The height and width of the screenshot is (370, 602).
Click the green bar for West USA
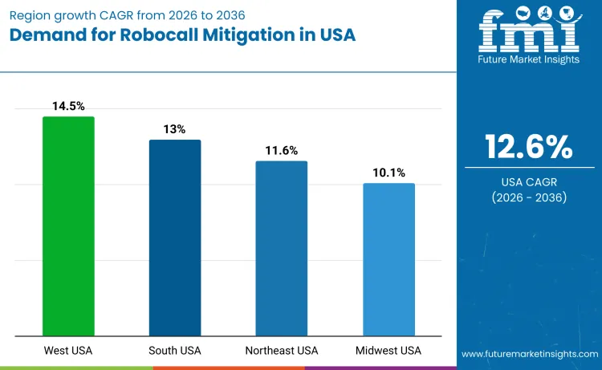click(68, 226)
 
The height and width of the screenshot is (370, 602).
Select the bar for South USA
click(175, 238)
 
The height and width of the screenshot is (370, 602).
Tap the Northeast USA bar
click(282, 248)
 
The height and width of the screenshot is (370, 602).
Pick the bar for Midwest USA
click(388, 259)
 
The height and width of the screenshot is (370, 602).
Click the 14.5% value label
click(68, 106)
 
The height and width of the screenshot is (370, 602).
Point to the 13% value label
click(175, 129)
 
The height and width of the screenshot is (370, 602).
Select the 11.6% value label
click(282, 150)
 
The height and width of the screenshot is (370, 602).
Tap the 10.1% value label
click(388, 173)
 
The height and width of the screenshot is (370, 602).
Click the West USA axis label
click(68, 351)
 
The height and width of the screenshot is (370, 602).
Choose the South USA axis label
click(175, 351)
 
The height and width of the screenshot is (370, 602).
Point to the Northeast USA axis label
click(282, 351)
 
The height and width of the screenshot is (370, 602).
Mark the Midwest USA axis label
click(388, 351)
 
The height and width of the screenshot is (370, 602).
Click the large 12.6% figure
click(529, 147)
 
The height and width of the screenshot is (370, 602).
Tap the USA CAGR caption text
click(529, 181)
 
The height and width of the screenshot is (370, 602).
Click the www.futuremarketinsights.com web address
click(529, 353)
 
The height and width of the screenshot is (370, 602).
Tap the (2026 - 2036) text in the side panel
click(529, 197)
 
